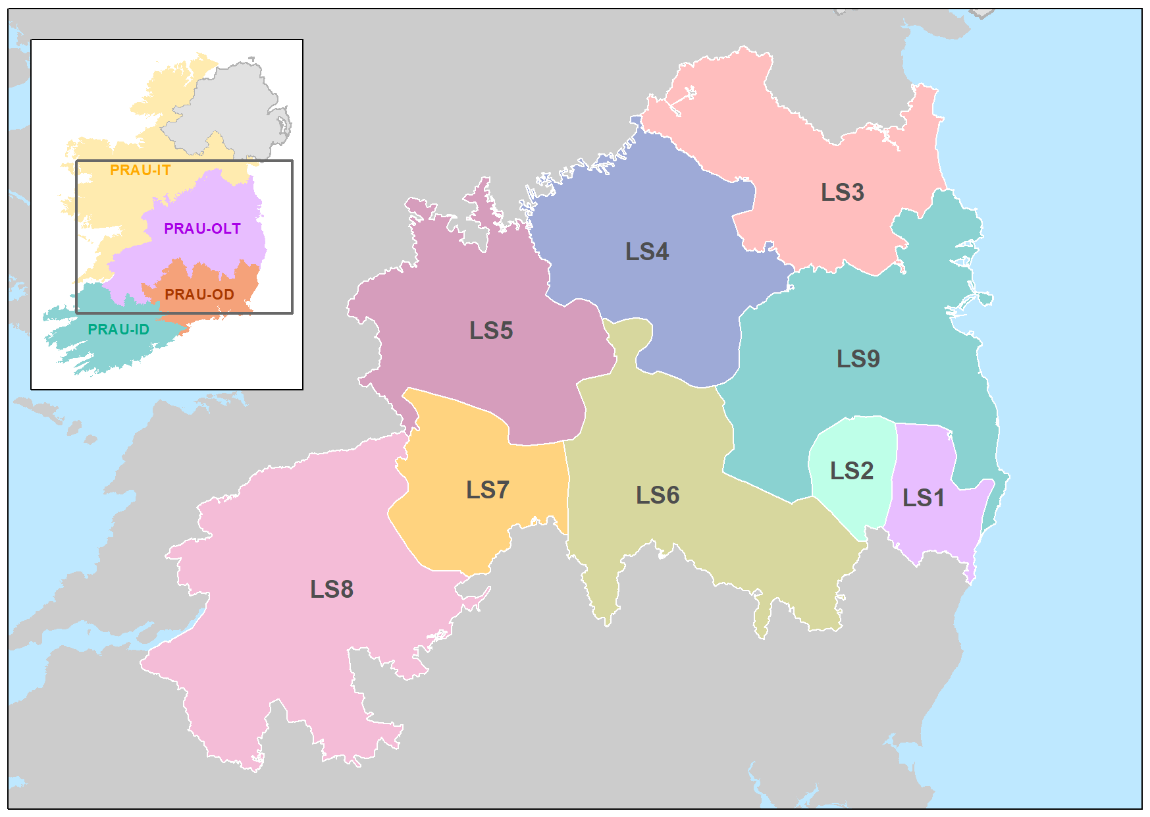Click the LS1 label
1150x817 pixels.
click(x=923, y=498)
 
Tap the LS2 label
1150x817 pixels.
click(x=851, y=471)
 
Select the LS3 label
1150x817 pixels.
click(x=842, y=193)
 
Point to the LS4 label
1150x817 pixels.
click(x=646, y=252)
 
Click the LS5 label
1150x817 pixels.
click(x=490, y=331)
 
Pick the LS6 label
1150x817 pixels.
click(x=657, y=496)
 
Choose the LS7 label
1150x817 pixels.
click(x=487, y=490)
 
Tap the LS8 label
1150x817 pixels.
click(x=331, y=590)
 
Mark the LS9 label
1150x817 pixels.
click(x=858, y=359)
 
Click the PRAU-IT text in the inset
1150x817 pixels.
click(x=140, y=171)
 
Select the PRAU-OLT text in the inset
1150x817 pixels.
click(x=202, y=229)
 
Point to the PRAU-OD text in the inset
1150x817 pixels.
click(x=199, y=295)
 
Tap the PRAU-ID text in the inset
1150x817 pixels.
click(x=118, y=330)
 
